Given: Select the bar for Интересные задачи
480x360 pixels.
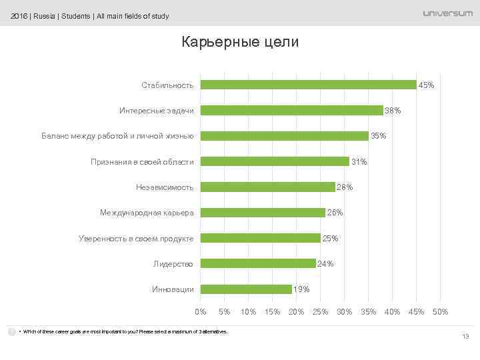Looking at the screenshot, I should coord(292,110).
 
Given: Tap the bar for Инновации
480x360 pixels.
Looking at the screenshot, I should coord(246,289).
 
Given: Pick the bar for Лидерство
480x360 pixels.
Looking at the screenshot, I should coord(258,263).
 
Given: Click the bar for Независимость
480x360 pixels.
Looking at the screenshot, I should coord(268,187).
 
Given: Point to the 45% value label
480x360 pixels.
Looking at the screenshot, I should coord(427,85).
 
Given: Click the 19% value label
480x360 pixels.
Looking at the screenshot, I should coord(301,289).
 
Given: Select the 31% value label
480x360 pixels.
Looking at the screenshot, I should coord(359,162).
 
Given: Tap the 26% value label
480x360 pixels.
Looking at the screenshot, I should coord(335,213).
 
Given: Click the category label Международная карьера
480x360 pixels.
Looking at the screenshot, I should coord(147,213).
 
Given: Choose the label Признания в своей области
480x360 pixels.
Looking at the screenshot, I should coord(142,162).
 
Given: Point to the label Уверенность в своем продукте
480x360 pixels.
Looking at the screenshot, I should coord(136,238).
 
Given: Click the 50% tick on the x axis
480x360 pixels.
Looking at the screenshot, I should coord(440,312).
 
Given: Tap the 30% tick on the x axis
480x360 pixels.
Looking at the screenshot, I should coord(345,312).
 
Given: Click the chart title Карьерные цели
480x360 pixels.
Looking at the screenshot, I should coord(240,42).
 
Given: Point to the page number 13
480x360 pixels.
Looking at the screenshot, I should coord(466,337).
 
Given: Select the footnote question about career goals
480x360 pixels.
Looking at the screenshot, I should coord(123,331).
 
